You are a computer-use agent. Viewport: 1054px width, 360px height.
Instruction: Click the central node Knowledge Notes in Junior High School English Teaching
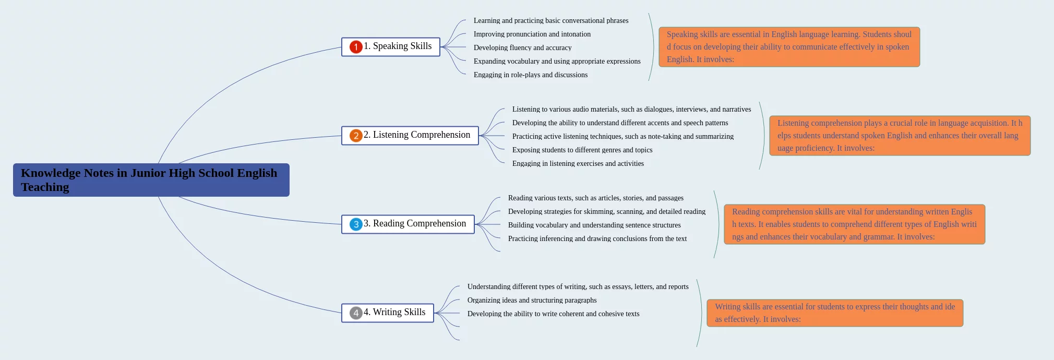151,180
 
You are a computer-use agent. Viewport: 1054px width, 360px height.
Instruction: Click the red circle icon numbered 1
356,47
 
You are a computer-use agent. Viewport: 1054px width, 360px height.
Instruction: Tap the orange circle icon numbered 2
356,136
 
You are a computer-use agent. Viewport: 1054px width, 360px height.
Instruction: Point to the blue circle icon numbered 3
356,224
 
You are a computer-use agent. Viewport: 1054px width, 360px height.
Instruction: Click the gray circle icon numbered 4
356,313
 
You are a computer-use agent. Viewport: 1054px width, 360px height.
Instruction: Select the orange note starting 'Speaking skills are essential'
789,47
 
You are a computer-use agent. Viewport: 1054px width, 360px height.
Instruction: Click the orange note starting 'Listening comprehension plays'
900,136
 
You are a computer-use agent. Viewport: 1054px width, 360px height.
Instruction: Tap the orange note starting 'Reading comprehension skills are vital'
854,224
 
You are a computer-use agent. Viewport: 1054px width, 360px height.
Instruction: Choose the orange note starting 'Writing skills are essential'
835,313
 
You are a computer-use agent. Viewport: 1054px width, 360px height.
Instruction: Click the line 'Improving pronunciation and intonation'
532,34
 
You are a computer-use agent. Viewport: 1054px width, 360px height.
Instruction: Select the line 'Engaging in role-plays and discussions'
530,75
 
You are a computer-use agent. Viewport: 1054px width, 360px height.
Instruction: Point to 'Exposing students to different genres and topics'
582,150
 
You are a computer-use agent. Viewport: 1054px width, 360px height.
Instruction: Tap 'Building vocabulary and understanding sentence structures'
594,225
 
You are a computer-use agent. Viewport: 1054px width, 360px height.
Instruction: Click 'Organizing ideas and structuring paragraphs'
532,300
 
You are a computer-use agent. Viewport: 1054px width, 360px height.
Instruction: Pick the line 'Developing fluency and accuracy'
522,47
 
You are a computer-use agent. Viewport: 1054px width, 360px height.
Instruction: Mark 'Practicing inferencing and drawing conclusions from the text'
597,238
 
